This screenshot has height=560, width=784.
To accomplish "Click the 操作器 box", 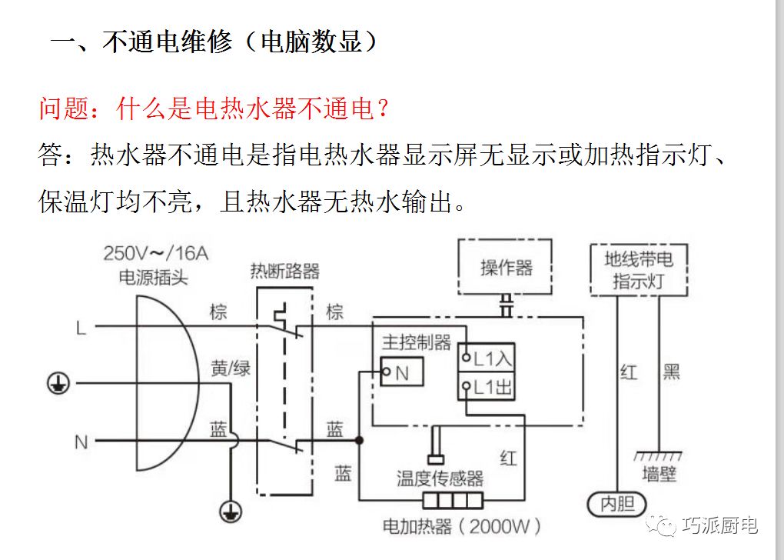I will [x=506, y=267].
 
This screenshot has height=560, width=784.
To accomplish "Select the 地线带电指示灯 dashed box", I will [x=638, y=270].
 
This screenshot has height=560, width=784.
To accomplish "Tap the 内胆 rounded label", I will [x=616, y=505].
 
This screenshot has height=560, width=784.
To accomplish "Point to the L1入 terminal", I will [x=486, y=358].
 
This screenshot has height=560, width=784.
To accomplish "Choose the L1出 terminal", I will [x=486, y=387].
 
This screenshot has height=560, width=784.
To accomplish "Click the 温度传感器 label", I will [x=440, y=478].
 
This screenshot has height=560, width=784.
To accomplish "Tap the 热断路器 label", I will [x=284, y=271].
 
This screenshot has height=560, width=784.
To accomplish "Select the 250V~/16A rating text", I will [x=156, y=254].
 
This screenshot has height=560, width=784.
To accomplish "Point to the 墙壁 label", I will [x=659, y=474].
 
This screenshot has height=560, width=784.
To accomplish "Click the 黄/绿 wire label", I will [x=231, y=369].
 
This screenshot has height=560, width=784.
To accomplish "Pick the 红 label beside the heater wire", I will [x=508, y=458].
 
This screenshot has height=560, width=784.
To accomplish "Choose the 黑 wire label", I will [x=671, y=373].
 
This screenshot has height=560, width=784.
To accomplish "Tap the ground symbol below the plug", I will [x=228, y=510].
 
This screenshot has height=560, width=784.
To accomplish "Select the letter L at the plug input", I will [x=81, y=328].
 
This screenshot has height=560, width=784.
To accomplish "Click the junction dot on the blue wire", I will [x=358, y=441].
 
